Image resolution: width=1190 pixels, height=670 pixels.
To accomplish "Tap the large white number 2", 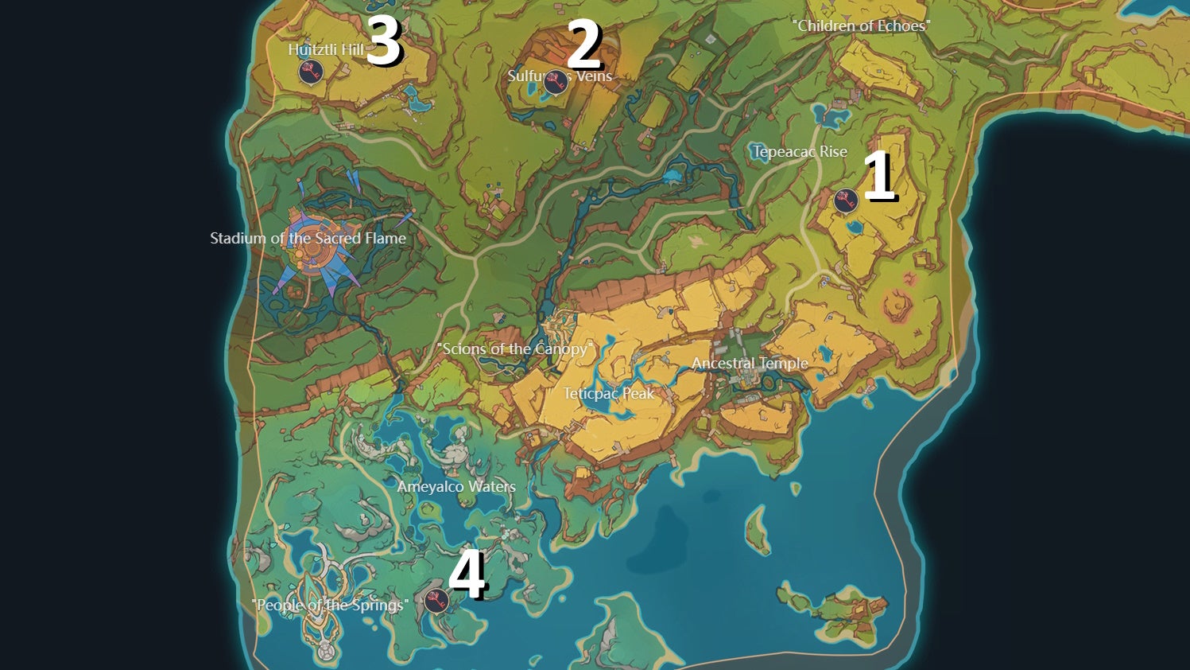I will click(584, 45).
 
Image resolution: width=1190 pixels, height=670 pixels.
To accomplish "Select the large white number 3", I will click(384, 41).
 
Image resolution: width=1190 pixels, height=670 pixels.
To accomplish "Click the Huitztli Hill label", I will click(326, 49).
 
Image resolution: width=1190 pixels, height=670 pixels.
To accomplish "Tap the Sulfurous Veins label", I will click(560, 76).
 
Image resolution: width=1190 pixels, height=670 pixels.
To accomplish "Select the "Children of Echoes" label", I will click(861, 26).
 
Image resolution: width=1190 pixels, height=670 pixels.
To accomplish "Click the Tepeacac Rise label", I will click(800, 152).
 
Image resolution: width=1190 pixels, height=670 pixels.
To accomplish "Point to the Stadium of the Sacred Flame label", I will click(308, 238).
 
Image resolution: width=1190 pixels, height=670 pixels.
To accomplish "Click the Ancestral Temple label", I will click(750, 363).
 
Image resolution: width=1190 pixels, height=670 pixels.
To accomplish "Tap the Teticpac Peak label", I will click(609, 393).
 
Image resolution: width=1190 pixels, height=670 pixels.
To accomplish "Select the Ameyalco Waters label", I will click(456, 486).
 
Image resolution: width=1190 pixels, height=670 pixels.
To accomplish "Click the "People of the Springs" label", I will click(330, 605).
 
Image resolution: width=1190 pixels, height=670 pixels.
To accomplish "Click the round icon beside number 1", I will click(846, 201).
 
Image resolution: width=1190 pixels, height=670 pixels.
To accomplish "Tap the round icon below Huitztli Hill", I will click(311, 72).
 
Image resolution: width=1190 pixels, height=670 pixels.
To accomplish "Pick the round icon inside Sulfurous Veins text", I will click(555, 81).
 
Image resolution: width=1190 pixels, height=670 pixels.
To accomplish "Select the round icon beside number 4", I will click(436, 600).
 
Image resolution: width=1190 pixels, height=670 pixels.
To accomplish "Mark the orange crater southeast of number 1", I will click(898, 303).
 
